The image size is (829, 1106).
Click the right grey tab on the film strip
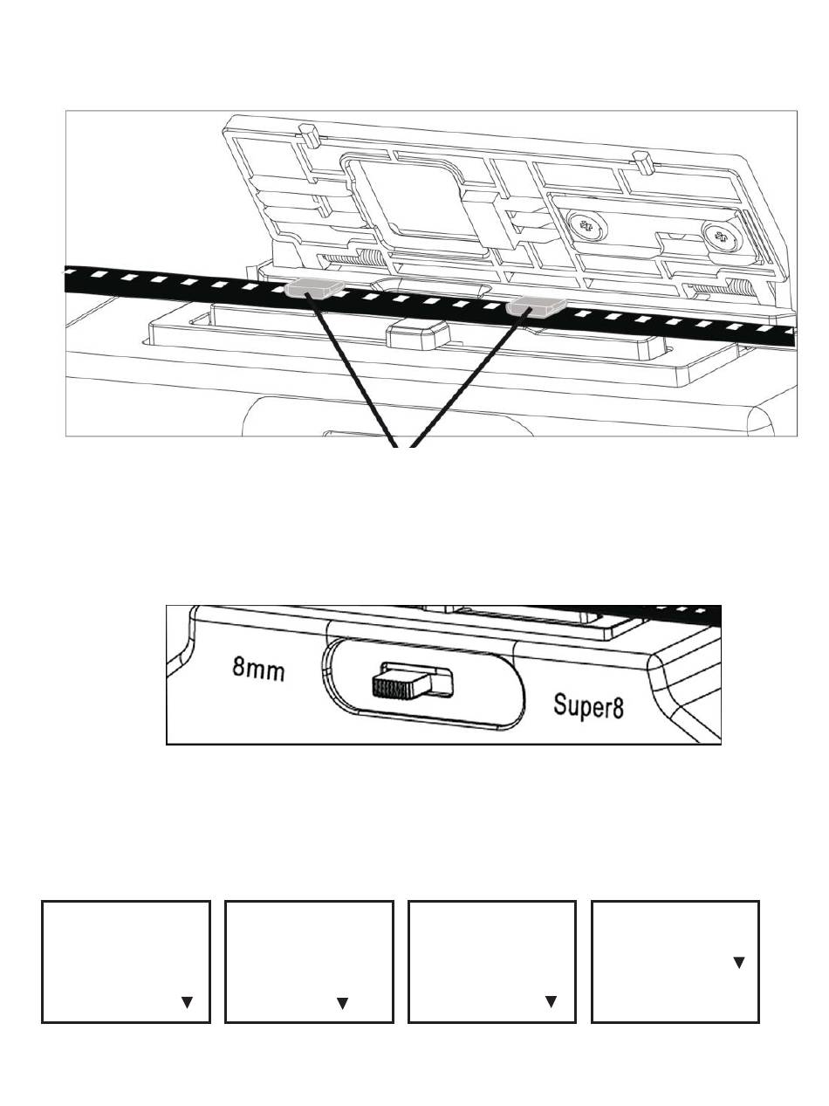click(x=536, y=305)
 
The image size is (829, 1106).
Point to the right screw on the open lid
click(x=719, y=237)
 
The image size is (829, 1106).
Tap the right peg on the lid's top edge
click(x=643, y=160)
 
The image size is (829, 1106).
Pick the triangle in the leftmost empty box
click(x=186, y=1003)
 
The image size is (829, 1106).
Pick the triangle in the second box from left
click(x=342, y=1004)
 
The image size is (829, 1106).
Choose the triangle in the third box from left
click(x=551, y=1002)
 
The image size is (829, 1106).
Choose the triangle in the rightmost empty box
click(x=738, y=962)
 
